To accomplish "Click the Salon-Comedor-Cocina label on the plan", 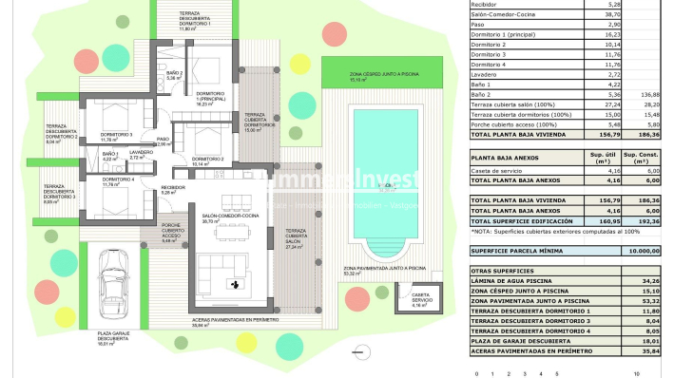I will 225,218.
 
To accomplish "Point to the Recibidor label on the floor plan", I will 172,189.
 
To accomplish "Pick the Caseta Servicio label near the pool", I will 418,303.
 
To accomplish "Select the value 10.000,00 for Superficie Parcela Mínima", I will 644,251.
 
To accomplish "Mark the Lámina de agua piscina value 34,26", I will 650,281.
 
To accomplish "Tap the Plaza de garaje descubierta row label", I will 531,340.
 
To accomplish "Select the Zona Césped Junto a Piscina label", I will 360,76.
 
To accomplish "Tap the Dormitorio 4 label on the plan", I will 119,180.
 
